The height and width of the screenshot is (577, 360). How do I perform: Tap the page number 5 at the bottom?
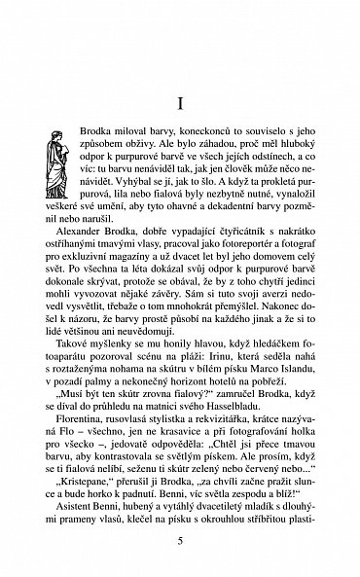(180, 541)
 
